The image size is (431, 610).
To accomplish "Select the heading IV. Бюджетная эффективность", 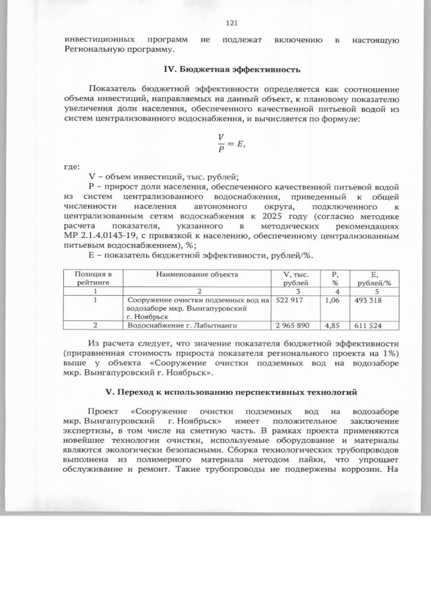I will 228,69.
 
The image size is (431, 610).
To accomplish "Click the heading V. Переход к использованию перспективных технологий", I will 228,392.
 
